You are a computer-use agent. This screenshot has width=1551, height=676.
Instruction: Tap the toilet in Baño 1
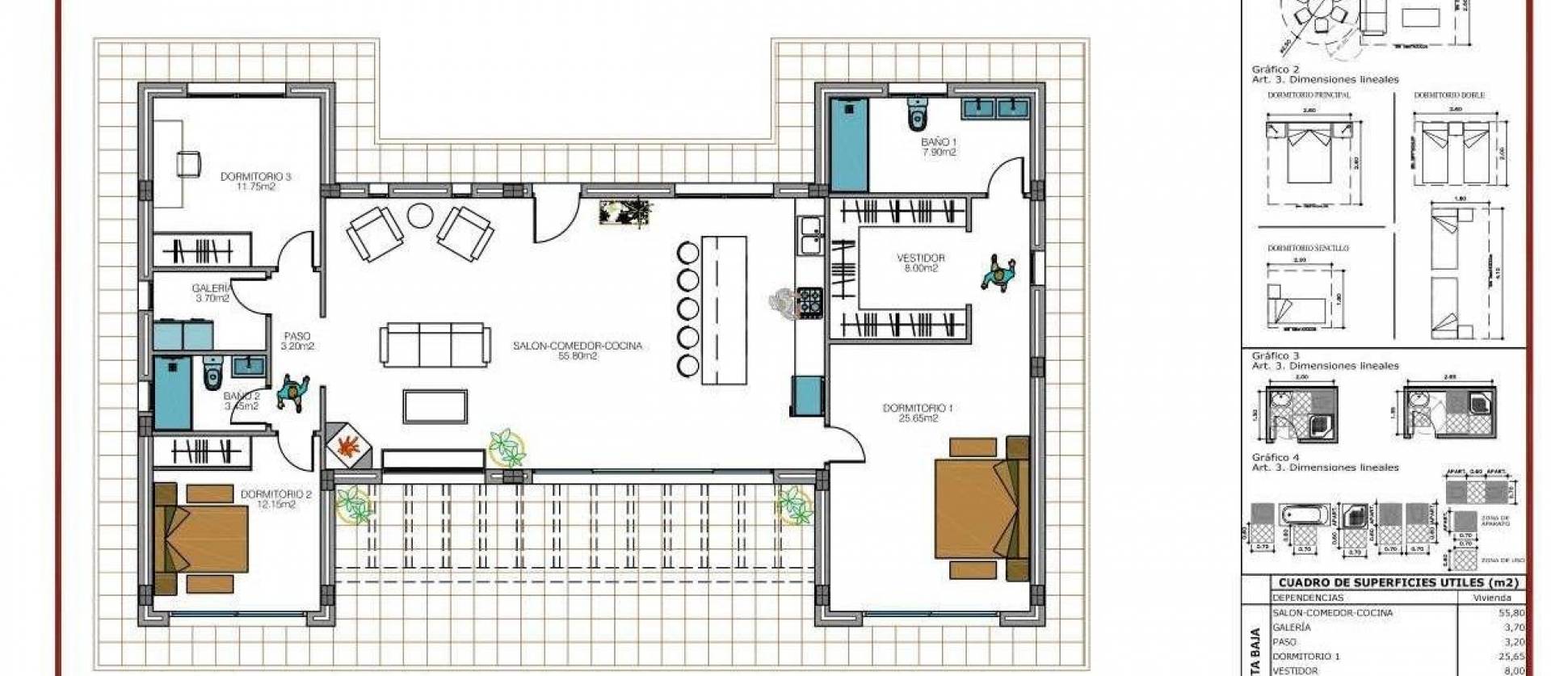(x=916, y=115)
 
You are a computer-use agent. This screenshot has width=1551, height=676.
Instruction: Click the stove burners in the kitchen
(x=810, y=300)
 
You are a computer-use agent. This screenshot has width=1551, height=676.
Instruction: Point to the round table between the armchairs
(x=420, y=216)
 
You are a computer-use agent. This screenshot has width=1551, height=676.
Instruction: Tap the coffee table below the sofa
(x=435, y=405)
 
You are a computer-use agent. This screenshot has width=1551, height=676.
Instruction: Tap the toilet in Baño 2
(x=212, y=373)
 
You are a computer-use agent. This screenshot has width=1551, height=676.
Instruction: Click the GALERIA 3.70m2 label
(x=212, y=292)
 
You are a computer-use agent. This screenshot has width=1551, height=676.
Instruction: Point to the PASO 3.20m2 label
(x=296, y=341)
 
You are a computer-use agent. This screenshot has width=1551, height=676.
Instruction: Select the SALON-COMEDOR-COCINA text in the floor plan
(x=577, y=346)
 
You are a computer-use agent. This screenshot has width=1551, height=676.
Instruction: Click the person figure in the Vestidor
(x=998, y=274)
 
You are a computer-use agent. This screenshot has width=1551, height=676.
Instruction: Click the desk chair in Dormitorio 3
(x=189, y=163)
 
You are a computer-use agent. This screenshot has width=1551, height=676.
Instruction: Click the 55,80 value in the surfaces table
(x=1509, y=613)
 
